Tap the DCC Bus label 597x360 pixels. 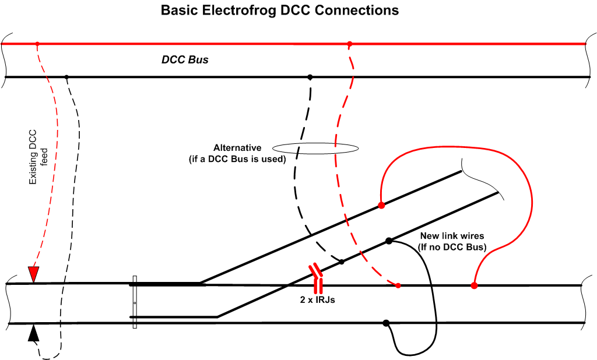tap(185, 60)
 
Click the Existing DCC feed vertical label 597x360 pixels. tap(38, 157)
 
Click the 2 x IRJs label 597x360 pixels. tap(318, 300)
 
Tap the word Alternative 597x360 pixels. tap(237, 147)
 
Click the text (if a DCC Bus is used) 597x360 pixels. tap(237, 158)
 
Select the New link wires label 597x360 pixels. tap(452, 235)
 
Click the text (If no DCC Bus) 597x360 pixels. tap(452, 247)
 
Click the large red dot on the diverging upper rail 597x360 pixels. tap(381, 205)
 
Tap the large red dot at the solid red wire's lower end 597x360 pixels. tap(474, 285)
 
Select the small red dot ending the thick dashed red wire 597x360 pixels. tap(398, 285)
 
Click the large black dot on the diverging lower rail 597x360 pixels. tap(389, 241)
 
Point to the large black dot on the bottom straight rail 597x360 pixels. tap(386, 323)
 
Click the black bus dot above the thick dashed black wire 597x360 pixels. tap(310, 77)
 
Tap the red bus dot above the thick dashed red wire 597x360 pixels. tap(350, 44)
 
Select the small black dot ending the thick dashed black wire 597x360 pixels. tap(342, 262)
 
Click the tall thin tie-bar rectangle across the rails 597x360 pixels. tap(135, 302)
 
